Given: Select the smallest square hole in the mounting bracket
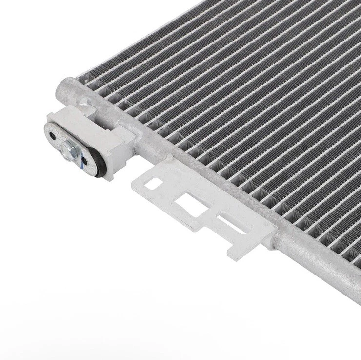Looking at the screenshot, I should [x=154, y=184].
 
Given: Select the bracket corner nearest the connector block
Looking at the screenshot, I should [x=136, y=179].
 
